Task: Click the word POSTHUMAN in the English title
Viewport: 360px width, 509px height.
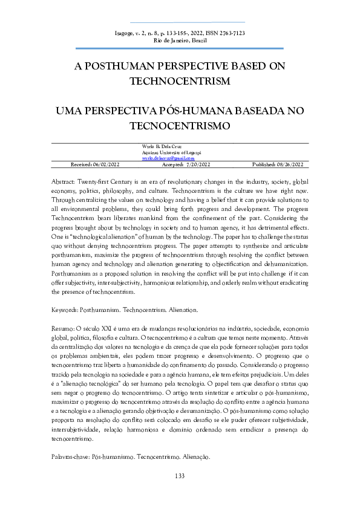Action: tap(130, 66)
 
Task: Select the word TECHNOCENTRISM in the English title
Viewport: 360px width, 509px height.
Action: tap(180, 81)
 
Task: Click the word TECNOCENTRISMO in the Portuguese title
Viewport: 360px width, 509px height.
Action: tap(180, 127)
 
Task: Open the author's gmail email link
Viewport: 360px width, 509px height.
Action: tap(165, 158)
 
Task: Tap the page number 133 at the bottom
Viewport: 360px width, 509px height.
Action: tap(180, 476)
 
